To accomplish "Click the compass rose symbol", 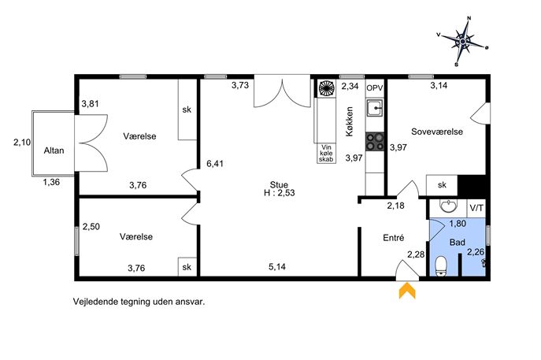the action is (462, 42).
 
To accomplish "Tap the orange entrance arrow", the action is (407, 291).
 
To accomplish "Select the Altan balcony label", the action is (54, 150).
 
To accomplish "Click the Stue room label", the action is (279, 184).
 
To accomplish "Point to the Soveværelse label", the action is (437, 132).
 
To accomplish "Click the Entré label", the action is (393, 237).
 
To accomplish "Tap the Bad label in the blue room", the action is (458, 243).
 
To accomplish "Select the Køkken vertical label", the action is (350, 121).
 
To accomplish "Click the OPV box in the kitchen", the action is (375, 88).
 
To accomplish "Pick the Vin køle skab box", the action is (326, 154).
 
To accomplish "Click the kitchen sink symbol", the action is (375, 108).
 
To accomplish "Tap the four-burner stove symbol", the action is (375, 142).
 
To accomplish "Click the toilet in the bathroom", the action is (441, 266).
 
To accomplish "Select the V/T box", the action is (476, 208).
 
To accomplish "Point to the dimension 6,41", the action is (215, 164).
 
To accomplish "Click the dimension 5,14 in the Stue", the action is (277, 266).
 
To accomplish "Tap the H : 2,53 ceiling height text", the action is (280, 193).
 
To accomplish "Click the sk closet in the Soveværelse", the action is (442, 185).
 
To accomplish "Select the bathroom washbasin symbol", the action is (448, 206).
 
